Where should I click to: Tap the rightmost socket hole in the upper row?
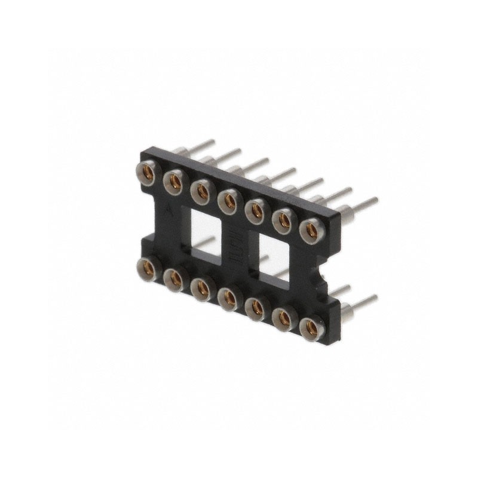tap(311, 229)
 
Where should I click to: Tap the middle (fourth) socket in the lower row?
tap(228, 298)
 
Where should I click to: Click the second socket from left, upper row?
tap(173, 180)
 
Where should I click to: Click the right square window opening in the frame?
tap(276, 255)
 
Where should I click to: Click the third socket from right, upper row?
tap(256, 210)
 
